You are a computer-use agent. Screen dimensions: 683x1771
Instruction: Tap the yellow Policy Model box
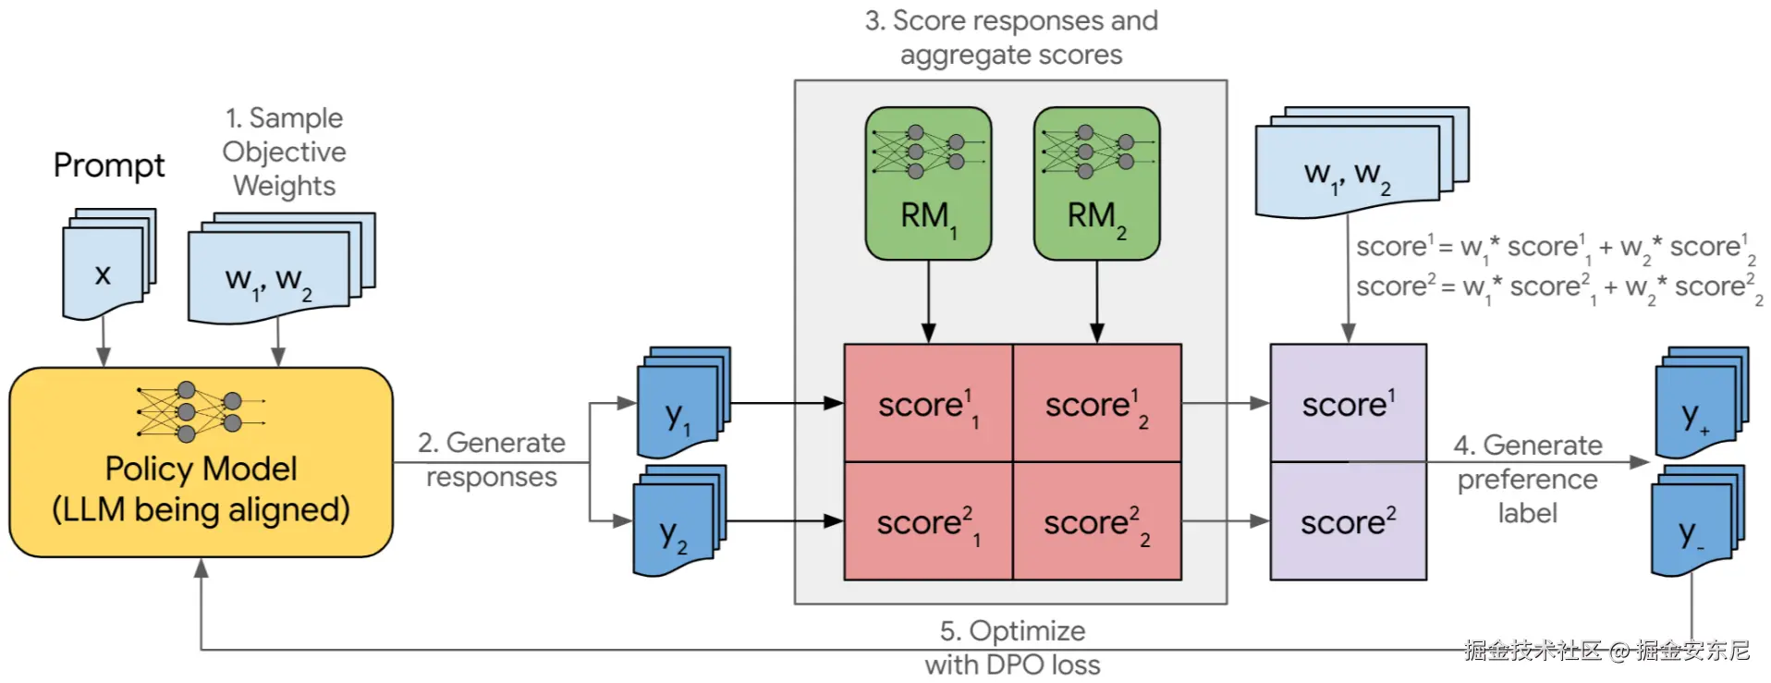pyautogui.click(x=201, y=462)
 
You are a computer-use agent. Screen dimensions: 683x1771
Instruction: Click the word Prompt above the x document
pyautogui.click(x=108, y=165)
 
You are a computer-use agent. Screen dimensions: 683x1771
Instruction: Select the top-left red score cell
pyautogui.click(x=928, y=404)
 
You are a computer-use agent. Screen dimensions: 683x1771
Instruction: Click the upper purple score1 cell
pyautogui.click(x=1348, y=404)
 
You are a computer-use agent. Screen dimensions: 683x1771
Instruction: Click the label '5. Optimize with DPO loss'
pyautogui.click(x=1012, y=648)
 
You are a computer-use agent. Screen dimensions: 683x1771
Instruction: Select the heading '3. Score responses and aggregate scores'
pyautogui.click(x=1011, y=38)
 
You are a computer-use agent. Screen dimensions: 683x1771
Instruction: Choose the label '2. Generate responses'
pyautogui.click(x=491, y=459)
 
